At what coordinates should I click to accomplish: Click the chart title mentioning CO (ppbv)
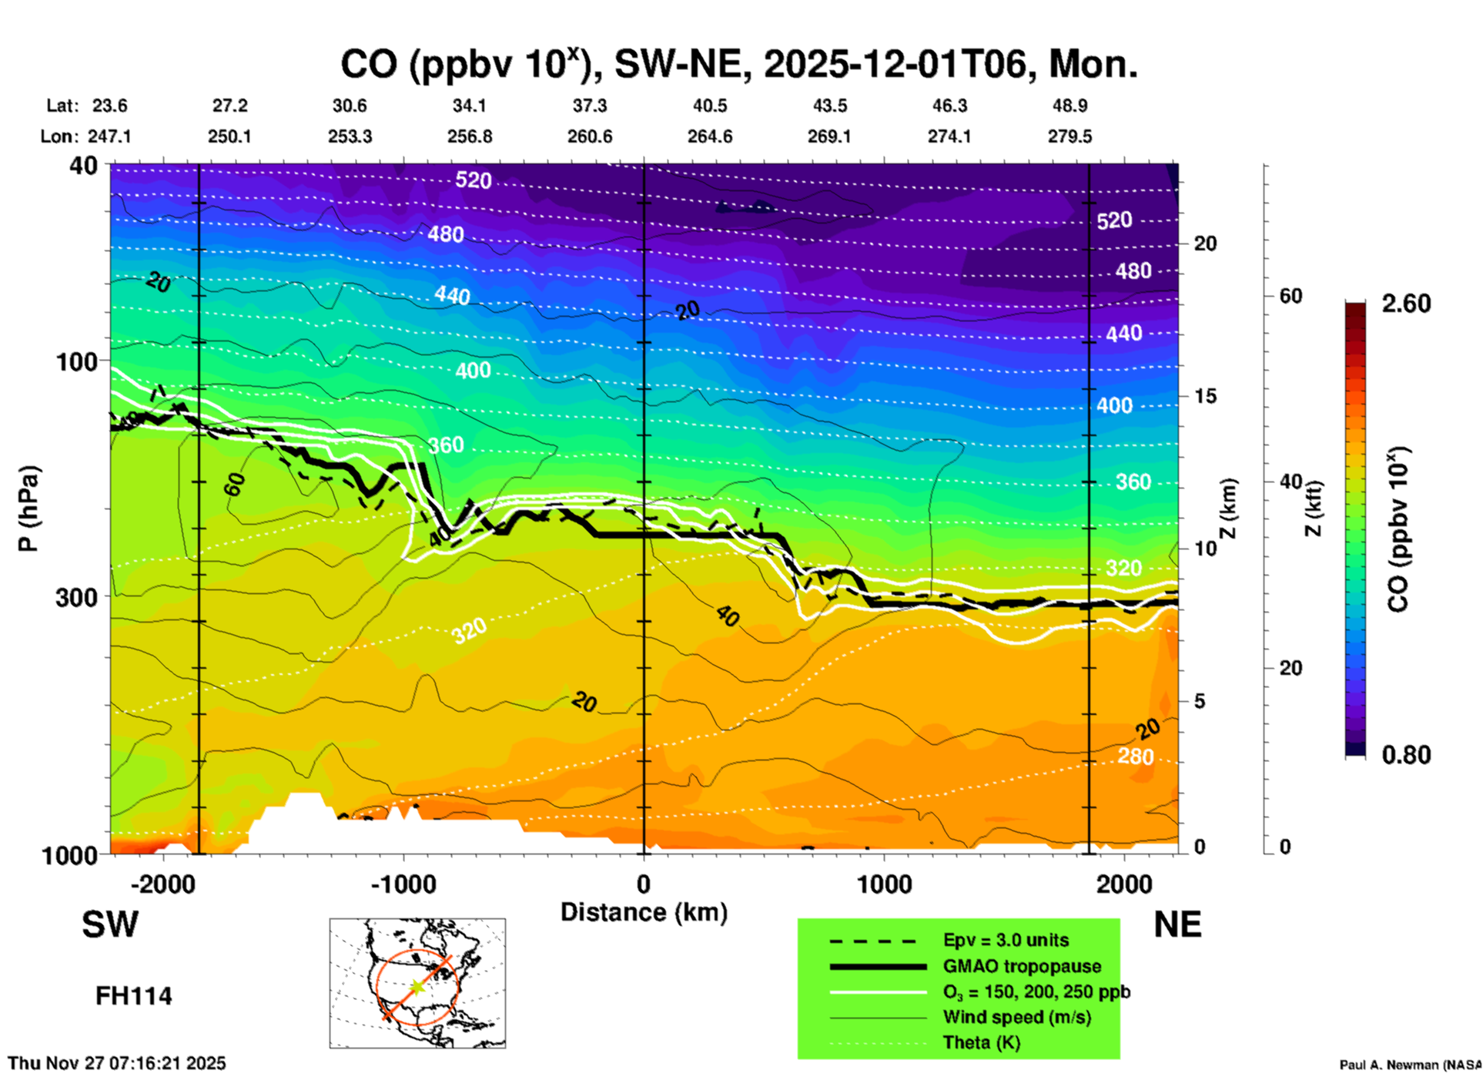(738, 64)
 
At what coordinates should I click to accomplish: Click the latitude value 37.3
(590, 106)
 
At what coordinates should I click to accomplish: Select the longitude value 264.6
(709, 136)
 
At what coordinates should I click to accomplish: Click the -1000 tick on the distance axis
(403, 884)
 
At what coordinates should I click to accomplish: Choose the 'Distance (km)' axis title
(644, 912)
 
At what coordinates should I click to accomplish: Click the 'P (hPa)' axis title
(28, 508)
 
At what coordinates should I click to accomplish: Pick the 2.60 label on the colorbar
(1406, 304)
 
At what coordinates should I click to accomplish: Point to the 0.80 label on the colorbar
(1406, 755)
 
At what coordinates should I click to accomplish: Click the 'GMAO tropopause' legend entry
(1022, 966)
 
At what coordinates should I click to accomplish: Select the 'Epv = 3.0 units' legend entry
(1006, 940)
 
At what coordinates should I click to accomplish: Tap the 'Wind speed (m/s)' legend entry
(1016, 1017)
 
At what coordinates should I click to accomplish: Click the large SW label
(110, 925)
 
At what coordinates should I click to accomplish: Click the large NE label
(1177, 925)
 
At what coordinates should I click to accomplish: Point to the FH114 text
(133, 996)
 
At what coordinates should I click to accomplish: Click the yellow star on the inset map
(417, 987)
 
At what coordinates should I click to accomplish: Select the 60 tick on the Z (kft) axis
(1291, 297)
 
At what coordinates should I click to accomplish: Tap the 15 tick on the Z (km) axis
(1205, 396)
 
